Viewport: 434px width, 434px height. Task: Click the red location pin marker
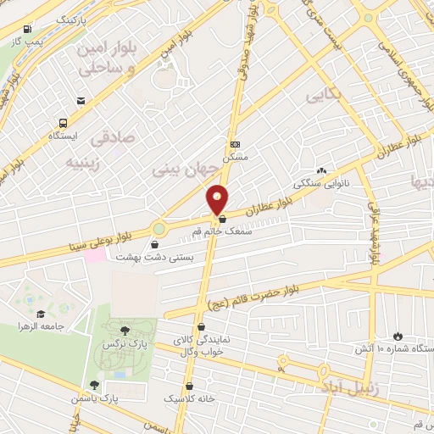[x=218, y=198]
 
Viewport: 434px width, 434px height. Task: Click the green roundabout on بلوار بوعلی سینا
[x=159, y=229]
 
